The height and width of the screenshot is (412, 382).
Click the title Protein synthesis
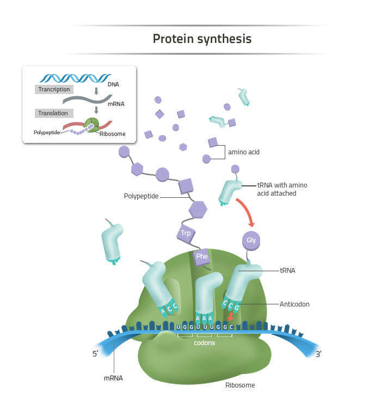point(202,39)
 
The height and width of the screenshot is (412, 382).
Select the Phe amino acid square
point(202,256)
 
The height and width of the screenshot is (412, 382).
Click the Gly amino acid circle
point(251,240)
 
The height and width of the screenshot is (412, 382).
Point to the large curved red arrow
point(245,211)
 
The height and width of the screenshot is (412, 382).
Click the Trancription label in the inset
point(54,89)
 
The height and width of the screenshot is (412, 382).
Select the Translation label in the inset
point(53,113)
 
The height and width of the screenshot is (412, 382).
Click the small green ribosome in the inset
point(91,126)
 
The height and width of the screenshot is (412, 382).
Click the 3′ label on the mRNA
point(319,354)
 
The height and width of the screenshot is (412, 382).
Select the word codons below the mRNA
point(205,343)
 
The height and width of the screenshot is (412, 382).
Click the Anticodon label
point(294,304)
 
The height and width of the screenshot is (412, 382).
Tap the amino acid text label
point(243,152)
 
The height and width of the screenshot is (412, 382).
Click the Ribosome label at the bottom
point(240,385)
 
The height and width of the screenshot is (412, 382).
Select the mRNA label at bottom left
point(113,378)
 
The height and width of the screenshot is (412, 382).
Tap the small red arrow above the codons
point(231,317)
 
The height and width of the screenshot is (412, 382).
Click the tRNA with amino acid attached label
point(282,189)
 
